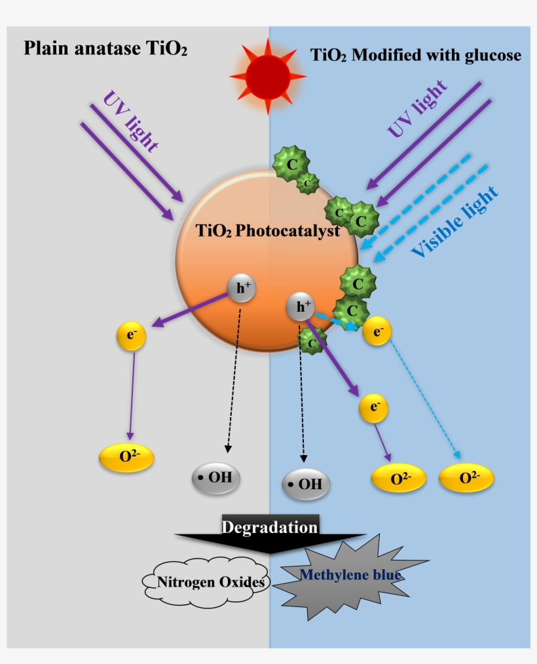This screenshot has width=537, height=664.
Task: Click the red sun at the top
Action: click(268, 75)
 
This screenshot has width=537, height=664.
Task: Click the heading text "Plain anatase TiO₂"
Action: click(105, 49)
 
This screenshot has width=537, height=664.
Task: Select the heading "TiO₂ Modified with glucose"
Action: click(416, 55)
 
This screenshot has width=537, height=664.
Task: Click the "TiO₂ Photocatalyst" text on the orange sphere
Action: click(268, 231)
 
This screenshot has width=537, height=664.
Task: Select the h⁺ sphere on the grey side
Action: click(241, 289)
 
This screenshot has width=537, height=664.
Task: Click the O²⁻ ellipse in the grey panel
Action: click(126, 457)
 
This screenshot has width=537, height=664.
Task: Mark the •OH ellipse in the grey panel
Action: click(216, 477)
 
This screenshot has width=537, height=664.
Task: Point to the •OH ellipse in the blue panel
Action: click(306, 485)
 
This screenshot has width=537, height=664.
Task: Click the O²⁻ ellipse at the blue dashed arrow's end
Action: click(466, 478)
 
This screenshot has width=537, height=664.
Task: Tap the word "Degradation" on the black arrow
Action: click(270, 527)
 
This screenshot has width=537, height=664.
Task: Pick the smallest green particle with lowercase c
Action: click(306, 184)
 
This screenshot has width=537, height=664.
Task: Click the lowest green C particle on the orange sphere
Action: click(312, 342)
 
